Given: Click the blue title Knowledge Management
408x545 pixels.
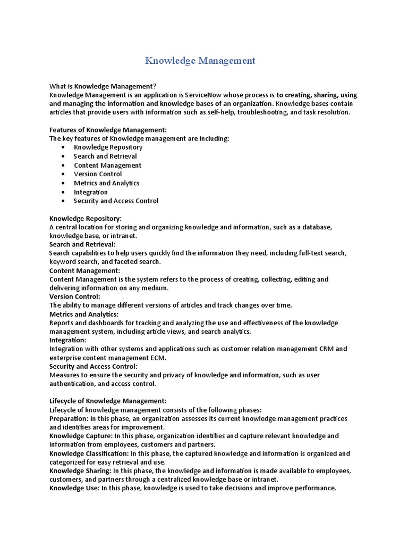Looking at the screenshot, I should [200, 61].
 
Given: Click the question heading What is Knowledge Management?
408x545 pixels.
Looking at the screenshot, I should [103, 86].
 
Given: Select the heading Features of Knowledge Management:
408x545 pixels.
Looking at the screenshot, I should [108, 130].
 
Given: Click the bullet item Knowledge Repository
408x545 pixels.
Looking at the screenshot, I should [108, 147].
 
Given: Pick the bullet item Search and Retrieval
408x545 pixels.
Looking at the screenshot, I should [105, 156].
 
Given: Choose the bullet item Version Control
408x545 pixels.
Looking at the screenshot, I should [98, 174].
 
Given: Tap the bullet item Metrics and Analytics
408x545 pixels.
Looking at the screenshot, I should [106, 183].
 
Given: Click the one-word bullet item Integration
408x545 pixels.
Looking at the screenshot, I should [90, 192].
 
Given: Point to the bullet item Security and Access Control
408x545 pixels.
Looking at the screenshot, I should [116, 201].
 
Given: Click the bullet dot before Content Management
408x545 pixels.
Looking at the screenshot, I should [63, 166].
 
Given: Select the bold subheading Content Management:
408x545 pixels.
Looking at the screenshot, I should [85, 270].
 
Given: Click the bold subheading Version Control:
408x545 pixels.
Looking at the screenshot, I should [75, 296].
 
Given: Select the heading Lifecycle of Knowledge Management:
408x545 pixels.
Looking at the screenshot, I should [108, 401].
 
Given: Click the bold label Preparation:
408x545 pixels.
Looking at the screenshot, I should [69, 418].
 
